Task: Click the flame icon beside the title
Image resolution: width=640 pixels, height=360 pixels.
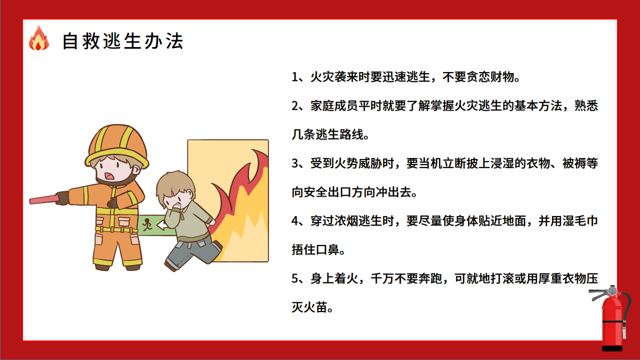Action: (x=38, y=39)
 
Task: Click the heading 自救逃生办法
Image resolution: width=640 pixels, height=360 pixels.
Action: (x=122, y=41)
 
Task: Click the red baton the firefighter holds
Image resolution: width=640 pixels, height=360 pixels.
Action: (x=44, y=199)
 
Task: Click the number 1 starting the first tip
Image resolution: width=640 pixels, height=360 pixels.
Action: (x=295, y=77)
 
